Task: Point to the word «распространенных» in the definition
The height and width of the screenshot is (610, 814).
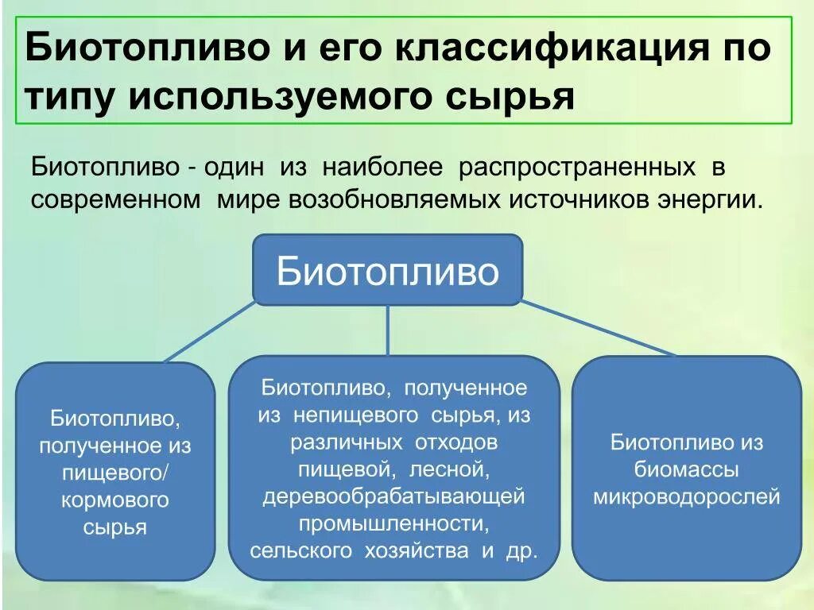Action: [572, 168]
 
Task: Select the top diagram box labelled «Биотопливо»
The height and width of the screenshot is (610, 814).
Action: [388, 270]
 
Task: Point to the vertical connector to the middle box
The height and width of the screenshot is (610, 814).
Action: [388, 330]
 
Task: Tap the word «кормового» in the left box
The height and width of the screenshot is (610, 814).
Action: [115, 500]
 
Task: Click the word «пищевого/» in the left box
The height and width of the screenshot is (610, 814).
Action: [115, 473]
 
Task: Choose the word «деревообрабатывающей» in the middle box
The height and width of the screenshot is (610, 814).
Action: [393, 496]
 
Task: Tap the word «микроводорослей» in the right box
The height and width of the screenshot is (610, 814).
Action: [687, 497]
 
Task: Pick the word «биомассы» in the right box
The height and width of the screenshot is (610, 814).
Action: [687, 469]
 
